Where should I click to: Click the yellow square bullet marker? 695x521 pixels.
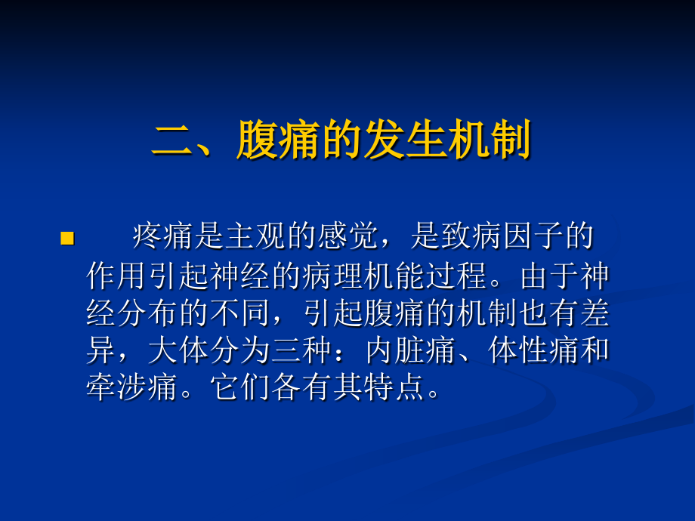pyautogui.click(x=66, y=239)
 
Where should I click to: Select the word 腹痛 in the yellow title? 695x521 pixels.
pyautogui.click(x=278, y=140)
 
